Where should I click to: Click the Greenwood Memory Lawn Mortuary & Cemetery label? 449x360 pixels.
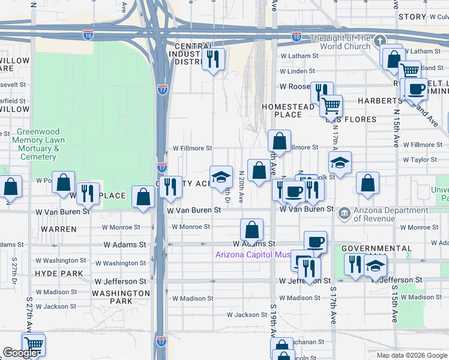pos(38,145)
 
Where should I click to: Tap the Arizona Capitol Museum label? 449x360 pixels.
pos(253,255)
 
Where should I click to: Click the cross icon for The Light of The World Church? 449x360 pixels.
pos(378,41)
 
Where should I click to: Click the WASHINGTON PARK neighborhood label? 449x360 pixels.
pos(121,297)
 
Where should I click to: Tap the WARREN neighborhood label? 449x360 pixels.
pos(59,229)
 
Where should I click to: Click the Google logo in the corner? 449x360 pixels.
pos(20,353)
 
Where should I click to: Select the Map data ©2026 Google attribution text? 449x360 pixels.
pos(412,355)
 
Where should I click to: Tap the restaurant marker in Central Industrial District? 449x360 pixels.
pos(213,59)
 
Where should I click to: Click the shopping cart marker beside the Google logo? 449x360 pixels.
pos(34,345)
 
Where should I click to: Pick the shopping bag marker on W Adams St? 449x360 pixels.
pos(252,230)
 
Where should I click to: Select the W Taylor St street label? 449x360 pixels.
pos(423,160)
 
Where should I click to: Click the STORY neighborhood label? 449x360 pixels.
pos(412,17)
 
